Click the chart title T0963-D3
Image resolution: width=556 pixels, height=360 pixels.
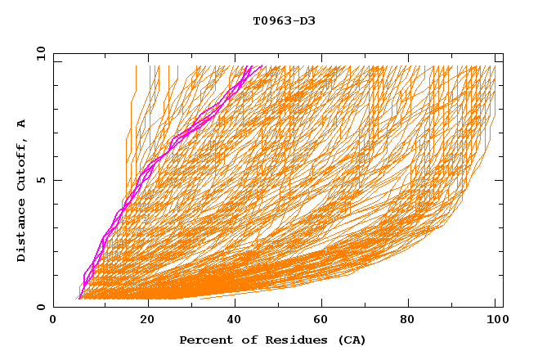click(284, 20)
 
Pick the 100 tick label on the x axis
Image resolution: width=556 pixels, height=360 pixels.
click(495, 320)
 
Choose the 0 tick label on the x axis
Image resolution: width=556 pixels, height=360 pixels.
click(54, 320)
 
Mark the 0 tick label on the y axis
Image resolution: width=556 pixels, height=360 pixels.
click(40, 307)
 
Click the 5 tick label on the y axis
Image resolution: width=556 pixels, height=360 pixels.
click(40, 180)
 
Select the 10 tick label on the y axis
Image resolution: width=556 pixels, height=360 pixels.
click(38, 54)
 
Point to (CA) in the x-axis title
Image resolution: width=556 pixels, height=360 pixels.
click(350, 340)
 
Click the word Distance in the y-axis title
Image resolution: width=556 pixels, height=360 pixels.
click(21, 232)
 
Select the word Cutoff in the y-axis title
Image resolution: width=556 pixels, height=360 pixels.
click(21, 164)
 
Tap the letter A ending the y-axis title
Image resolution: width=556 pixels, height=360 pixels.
click(21, 124)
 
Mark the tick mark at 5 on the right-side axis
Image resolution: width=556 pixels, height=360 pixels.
click(500, 180)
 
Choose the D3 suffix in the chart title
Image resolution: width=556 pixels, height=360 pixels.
click(306, 20)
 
